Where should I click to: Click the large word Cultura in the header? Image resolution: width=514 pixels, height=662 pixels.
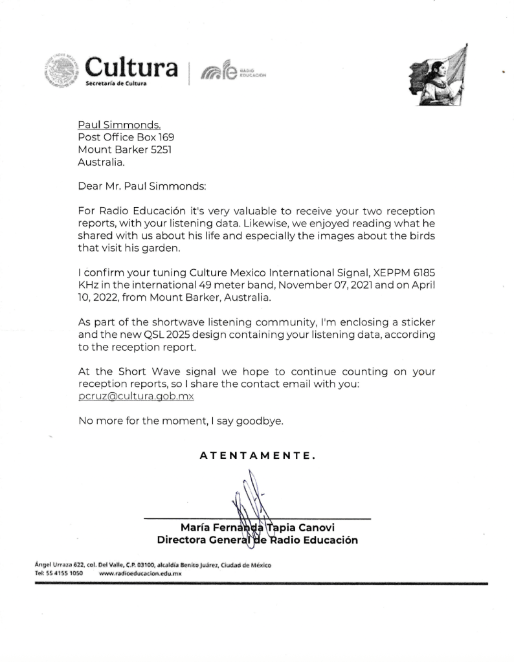pyautogui.click(x=131, y=67)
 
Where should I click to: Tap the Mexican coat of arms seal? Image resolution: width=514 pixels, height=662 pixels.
pyautogui.click(x=63, y=72)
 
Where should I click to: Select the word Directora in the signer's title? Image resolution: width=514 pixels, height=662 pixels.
pyautogui.click(x=184, y=540)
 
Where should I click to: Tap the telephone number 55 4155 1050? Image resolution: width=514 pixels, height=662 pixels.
pyautogui.click(x=63, y=573)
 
